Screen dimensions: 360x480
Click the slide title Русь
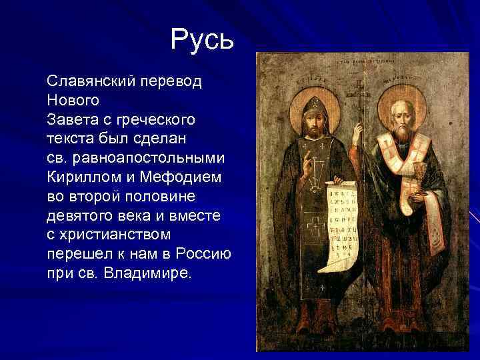(202, 40)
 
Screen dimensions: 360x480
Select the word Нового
(73, 101)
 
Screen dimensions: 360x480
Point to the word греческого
(155, 121)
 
